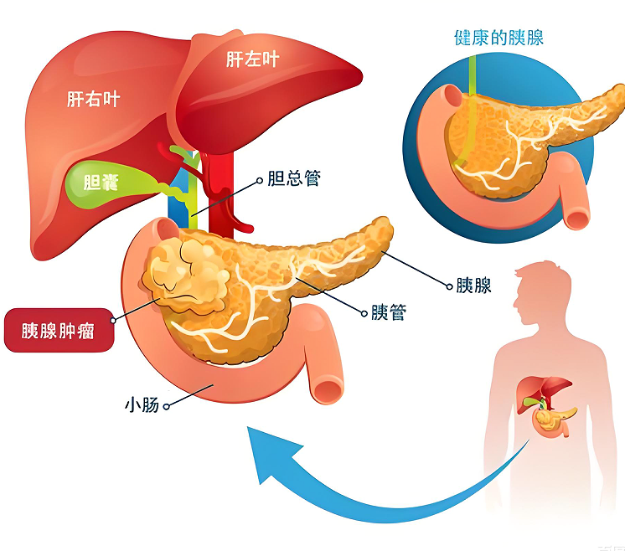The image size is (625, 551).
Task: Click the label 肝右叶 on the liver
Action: [x=93, y=100]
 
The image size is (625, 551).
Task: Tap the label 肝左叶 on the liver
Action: [x=252, y=59]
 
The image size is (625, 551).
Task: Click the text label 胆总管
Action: [x=293, y=178]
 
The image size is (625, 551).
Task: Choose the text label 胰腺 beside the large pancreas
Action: [x=473, y=286]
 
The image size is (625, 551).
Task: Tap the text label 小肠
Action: [x=141, y=407]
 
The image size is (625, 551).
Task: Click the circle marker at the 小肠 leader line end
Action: [x=168, y=407]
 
